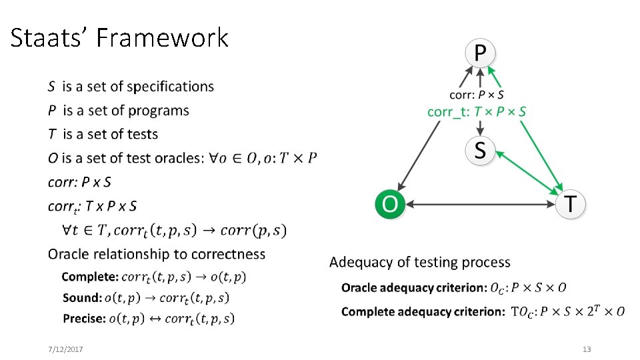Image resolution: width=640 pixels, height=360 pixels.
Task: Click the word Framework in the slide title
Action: [162, 38]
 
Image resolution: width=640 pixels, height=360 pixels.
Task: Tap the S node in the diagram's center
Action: [479, 151]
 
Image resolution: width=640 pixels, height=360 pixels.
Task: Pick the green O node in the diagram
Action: [389, 203]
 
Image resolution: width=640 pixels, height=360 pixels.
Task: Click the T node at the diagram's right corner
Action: [571, 203]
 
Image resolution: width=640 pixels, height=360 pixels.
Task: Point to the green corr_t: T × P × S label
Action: [476, 111]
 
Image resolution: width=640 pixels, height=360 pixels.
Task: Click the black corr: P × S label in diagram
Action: [476, 95]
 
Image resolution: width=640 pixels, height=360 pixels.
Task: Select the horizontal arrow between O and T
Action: [480, 204]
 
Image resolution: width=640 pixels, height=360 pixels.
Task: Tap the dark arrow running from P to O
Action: [427, 147]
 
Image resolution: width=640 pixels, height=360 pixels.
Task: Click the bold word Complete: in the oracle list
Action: [90, 277]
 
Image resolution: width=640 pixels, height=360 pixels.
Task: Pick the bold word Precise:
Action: [84, 319]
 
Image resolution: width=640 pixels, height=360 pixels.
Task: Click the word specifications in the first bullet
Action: [170, 87]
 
